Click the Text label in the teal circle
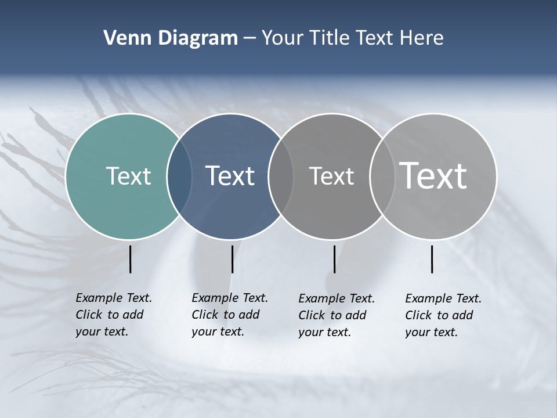point(128,176)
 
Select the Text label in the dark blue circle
point(230,176)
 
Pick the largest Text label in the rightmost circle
point(433,175)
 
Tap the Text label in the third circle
point(331,176)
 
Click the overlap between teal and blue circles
point(179,176)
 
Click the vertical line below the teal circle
point(131,259)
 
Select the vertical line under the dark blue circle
point(232,259)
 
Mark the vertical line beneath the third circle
point(335,259)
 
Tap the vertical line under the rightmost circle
point(432,259)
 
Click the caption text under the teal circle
point(114,315)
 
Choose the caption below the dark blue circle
point(230,315)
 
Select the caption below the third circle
point(337,315)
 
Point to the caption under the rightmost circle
point(443,315)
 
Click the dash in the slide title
point(249,38)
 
